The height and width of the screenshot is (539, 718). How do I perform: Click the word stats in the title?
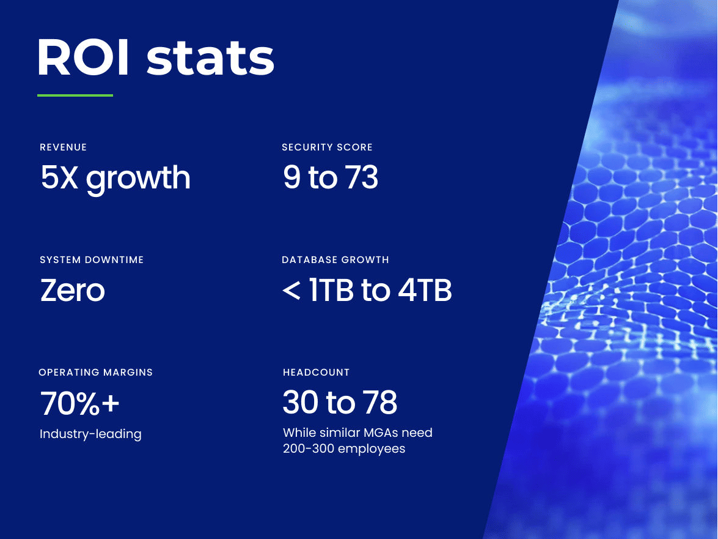tap(211, 59)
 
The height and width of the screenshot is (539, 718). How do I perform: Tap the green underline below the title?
tap(75, 95)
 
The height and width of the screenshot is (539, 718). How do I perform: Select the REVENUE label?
tap(64, 147)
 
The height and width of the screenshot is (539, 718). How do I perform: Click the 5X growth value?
tap(115, 177)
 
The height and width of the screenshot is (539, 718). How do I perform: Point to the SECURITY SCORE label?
tap(327, 147)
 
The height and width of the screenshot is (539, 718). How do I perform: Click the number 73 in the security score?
tap(360, 177)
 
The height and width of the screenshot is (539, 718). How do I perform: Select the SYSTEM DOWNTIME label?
tap(92, 260)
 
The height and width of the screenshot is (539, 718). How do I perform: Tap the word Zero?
tap(72, 290)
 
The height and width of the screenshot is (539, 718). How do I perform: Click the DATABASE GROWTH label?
tap(335, 260)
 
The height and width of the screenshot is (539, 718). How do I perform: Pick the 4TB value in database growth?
tap(425, 291)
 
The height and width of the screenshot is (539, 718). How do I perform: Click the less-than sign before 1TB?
tap(291, 291)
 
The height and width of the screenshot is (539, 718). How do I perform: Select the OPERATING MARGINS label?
tap(96, 372)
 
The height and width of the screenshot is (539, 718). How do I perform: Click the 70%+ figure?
tap(80, 403)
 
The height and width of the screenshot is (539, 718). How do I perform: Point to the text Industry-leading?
tap(90, 434)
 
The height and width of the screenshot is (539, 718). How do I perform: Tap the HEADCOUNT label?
tap(316, 372)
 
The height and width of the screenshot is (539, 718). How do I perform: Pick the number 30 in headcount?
tap(300, 403)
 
